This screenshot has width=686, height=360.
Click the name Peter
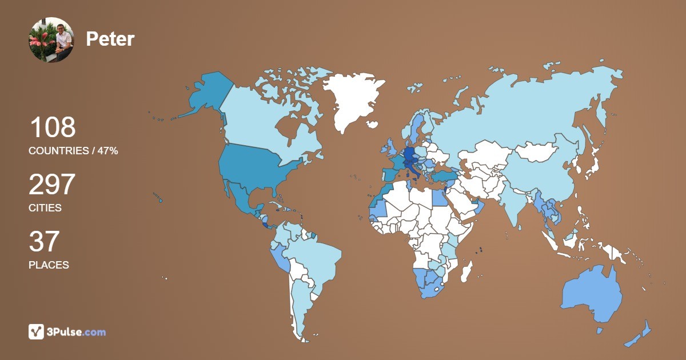(x=110, y=39)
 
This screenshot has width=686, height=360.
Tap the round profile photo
(x=51, y=39)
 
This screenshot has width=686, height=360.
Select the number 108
(x=52, y=127)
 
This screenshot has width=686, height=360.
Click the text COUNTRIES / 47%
(x=73, y=151)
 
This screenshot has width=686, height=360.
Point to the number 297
(x=52, y=185)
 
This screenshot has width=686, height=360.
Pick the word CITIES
(x=45, y=208)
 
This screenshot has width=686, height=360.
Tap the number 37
(x=44, y=242)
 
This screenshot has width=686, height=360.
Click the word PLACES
(x=49, y=265)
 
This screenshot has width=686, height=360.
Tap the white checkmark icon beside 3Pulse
(x=36, y=331)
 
